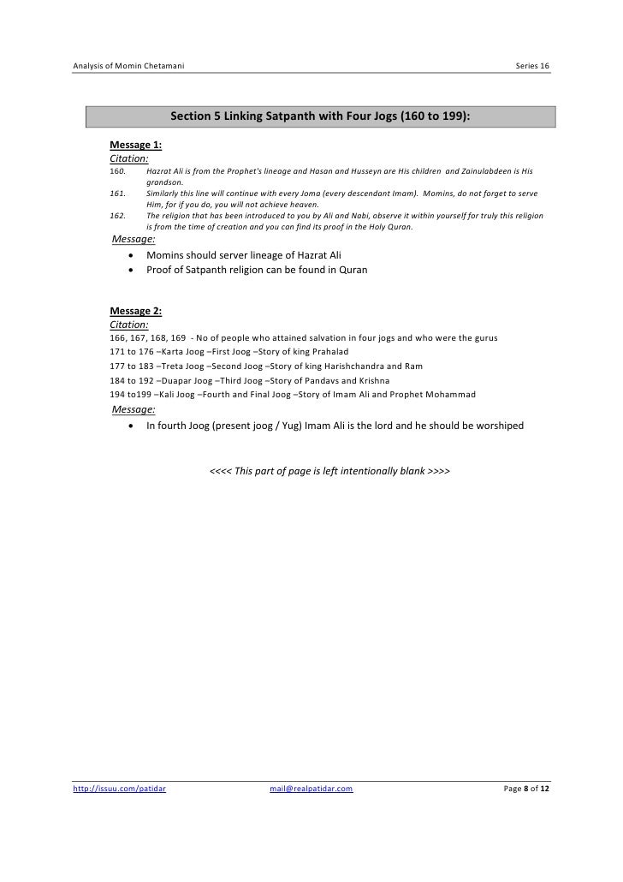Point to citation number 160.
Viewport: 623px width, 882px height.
click(x=117, y=171)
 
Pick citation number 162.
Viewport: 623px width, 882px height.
click(x=117, y=218)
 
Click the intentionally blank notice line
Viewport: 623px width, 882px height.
click(x=330, y=472)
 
